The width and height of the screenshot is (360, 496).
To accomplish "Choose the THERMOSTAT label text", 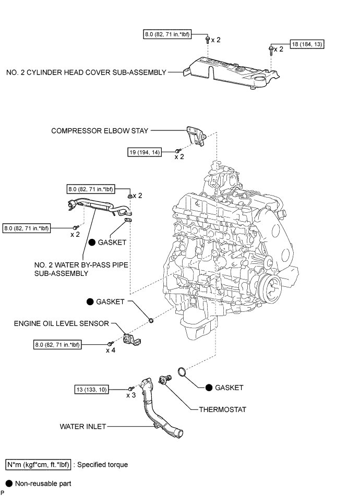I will (222, 409).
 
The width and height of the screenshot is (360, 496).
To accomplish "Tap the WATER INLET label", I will (82, 427).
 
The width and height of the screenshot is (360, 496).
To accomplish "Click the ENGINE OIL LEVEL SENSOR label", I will (62, 323).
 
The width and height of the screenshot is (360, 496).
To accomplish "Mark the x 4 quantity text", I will (111, 350).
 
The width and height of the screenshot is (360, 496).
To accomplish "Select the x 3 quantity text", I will (131, 396).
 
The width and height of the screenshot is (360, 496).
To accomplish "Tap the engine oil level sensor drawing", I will (131, 338).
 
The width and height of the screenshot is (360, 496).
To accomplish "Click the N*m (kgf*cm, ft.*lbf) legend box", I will (38, 464).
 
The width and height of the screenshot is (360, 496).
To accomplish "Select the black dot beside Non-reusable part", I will (8, 483).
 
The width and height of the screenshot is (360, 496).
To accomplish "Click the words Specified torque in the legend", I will (102, 464).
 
